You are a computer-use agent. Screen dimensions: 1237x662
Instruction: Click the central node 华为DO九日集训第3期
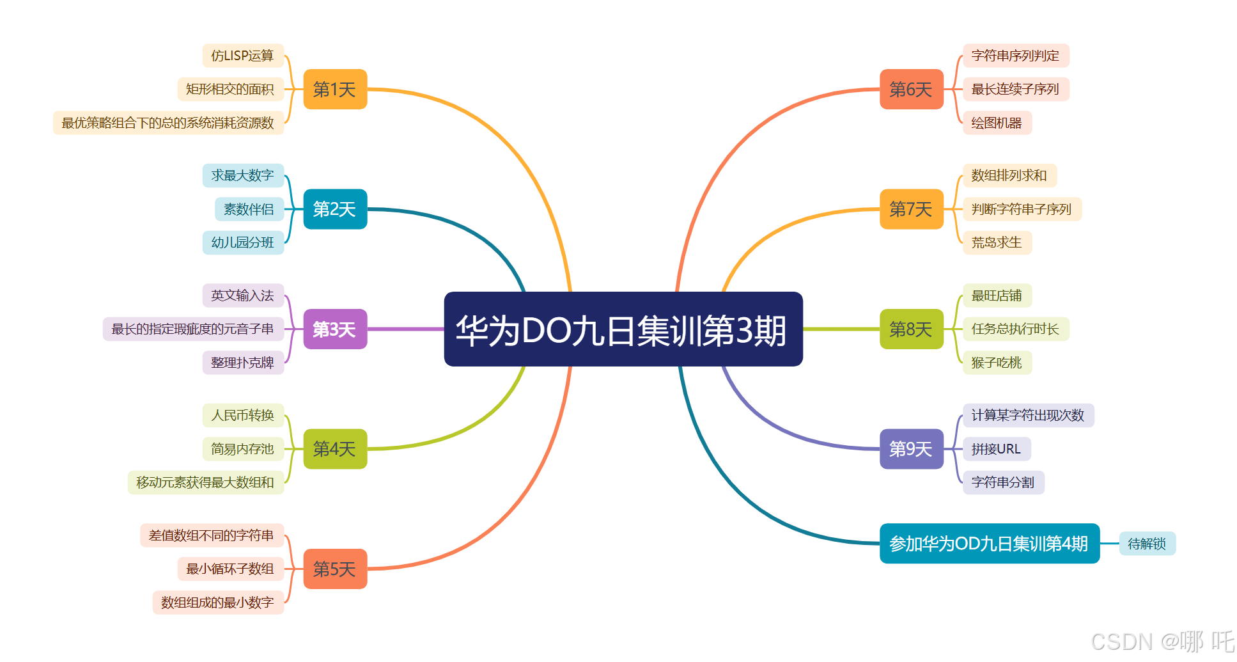click(x=623, y=329)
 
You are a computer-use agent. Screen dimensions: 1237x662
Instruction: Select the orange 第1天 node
click(x=335, y=90)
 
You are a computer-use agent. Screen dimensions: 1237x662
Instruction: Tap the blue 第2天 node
click(x=335, y=209)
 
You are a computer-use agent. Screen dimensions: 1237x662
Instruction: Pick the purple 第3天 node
click(x=335, y=329)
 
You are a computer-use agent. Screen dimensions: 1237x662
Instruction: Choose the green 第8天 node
click(x=911, y=329)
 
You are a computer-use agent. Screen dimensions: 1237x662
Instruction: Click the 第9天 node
click(x=911, y=449)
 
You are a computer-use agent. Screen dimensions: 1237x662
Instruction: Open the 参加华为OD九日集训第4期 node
click(x=989, y=544)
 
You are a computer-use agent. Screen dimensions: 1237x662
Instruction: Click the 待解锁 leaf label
click(x=1147, y=544)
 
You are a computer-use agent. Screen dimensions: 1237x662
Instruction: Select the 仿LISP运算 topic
click(x=243, y=56)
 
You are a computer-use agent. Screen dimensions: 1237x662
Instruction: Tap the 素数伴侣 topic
click(x=249, y=209)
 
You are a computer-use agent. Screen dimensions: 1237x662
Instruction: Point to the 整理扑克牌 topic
click(x=243, y=363)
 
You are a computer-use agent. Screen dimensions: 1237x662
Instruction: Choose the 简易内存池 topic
click(x=243, y=449)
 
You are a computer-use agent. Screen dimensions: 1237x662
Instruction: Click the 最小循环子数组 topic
click(x=230, y=569)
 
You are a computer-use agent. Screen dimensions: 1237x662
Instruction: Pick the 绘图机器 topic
click(x=997, y=123)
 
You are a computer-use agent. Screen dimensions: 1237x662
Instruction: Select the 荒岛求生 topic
click(x=997, y=242)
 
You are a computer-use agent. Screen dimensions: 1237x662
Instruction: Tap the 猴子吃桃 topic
click(x=997, y=363)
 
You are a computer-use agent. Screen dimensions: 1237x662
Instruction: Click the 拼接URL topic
click(x=996, y=449)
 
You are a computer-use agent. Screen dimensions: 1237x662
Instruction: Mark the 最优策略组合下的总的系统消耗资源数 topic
click(x=168, y=123)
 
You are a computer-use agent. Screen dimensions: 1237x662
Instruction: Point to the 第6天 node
click(x=911, y=90)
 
